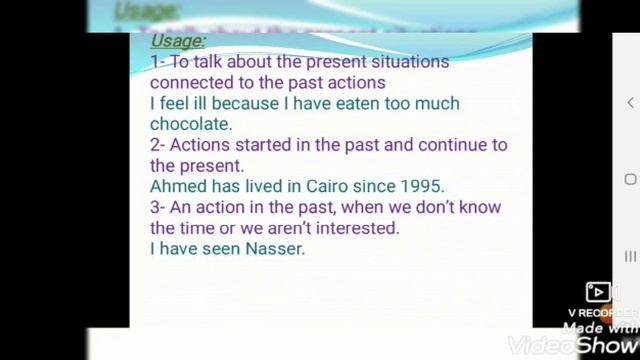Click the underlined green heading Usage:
[x=178, y=41]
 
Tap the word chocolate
[x=189, y=124]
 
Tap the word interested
[x=354, y=228]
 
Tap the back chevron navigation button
[x=630, y=102]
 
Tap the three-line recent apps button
[x=630, y=256]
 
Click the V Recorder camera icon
[x=599, y=292]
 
